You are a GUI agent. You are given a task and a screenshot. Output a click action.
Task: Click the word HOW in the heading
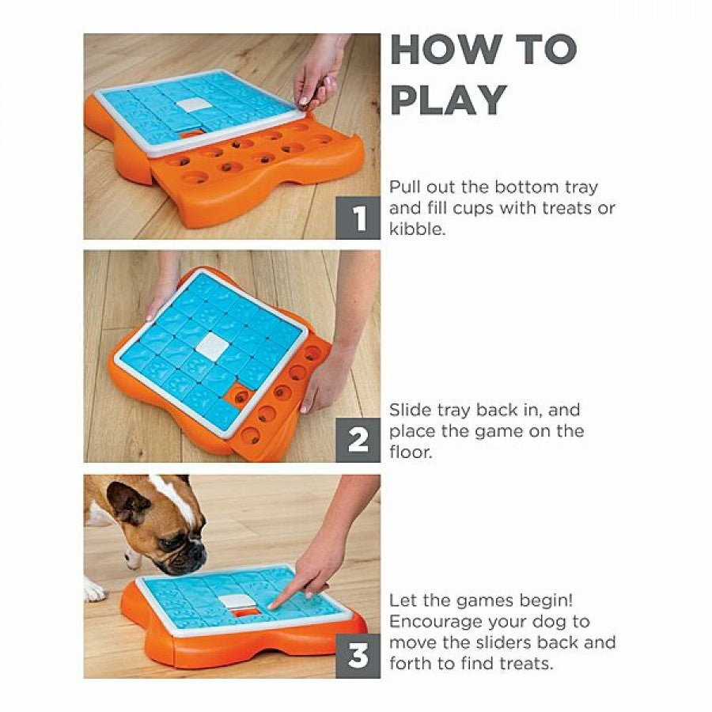pos(444,49)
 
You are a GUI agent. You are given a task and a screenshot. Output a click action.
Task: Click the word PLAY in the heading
pos(449,100)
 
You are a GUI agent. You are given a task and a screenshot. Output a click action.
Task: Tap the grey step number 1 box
pos(358,218)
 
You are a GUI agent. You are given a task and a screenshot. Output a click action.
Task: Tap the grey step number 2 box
pos(358,441)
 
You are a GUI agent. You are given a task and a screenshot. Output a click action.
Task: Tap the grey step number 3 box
pos(358,656)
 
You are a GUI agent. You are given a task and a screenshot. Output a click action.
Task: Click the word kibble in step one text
pos(416,229)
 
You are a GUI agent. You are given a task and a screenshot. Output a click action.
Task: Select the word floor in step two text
pos(410,452)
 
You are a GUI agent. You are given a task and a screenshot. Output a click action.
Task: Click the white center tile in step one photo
pos(194,105)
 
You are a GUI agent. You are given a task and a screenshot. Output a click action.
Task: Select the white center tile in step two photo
pos(213,345)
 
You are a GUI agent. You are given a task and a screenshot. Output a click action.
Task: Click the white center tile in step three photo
pos(237,601)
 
